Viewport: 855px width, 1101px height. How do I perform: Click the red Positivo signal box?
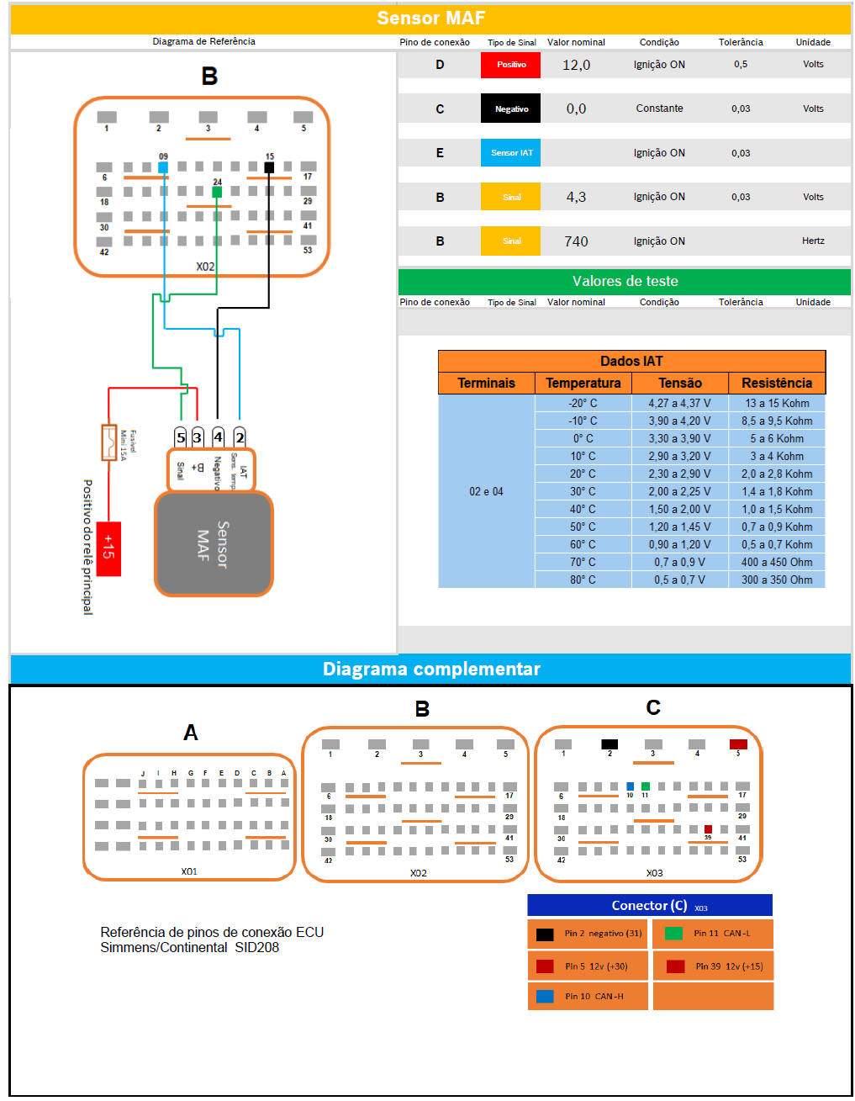(x=510, y=65)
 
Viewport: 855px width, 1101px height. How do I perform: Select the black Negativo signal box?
(x=510, y=109)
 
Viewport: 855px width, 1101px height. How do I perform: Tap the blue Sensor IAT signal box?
(x=510, y=153)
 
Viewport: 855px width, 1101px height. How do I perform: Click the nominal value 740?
(x=576, y=241)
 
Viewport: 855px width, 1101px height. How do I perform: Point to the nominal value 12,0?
(x=576, y=65)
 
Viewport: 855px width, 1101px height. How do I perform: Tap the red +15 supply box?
(x=108, y=548)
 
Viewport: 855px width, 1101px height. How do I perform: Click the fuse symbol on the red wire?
(x=108, y=442)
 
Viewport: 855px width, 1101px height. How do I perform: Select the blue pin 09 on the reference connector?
(x=163, y=167)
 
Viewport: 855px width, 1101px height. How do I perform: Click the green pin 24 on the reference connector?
(x=217, y=192)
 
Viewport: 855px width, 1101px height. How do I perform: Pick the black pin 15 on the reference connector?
(x=269, y=167)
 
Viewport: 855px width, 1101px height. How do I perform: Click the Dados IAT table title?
(x=631, y=361)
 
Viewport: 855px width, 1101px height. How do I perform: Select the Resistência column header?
(x=777, y=383)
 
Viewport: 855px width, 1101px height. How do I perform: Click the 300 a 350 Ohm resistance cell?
(x=777, y=580)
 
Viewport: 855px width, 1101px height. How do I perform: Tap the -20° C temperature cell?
(x=583, y=403)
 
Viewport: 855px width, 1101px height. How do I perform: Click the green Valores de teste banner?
(x=625, y=281)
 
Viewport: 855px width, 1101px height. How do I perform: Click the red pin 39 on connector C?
(x=708, y=829)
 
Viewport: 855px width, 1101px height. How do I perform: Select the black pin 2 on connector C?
(x=610, y=744)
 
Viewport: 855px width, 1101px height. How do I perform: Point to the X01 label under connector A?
(x=189, y=871)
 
